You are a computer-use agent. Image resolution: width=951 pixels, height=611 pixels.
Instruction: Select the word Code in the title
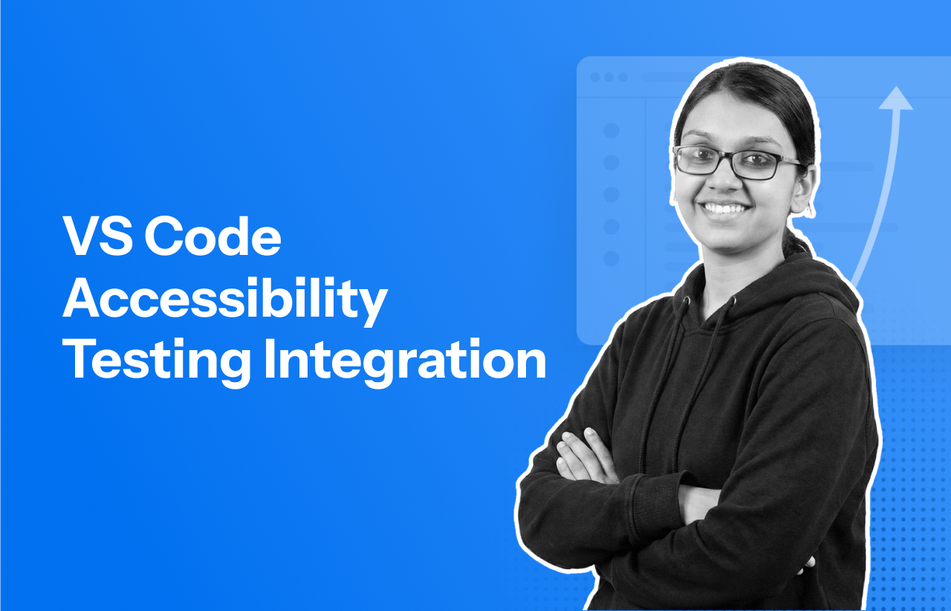[x=212, y=237]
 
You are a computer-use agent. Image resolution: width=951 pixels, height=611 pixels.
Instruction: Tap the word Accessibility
[x=224, y=300]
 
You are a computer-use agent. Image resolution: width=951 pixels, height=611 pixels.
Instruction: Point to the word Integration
[x=405, y=361]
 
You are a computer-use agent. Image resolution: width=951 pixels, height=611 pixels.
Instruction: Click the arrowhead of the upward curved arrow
[x=895, y=99]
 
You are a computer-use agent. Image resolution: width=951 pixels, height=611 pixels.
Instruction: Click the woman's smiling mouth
[x=726, y=208]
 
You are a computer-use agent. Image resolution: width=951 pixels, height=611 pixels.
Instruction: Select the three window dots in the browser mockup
[x=608, y=77]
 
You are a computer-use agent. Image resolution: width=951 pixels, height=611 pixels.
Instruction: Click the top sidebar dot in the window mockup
[x=611, y=131]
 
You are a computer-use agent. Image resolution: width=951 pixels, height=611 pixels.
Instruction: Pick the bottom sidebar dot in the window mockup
[x=611, y=259]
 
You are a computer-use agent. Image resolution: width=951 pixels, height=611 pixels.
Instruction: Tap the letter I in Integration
[x=269, y=361]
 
